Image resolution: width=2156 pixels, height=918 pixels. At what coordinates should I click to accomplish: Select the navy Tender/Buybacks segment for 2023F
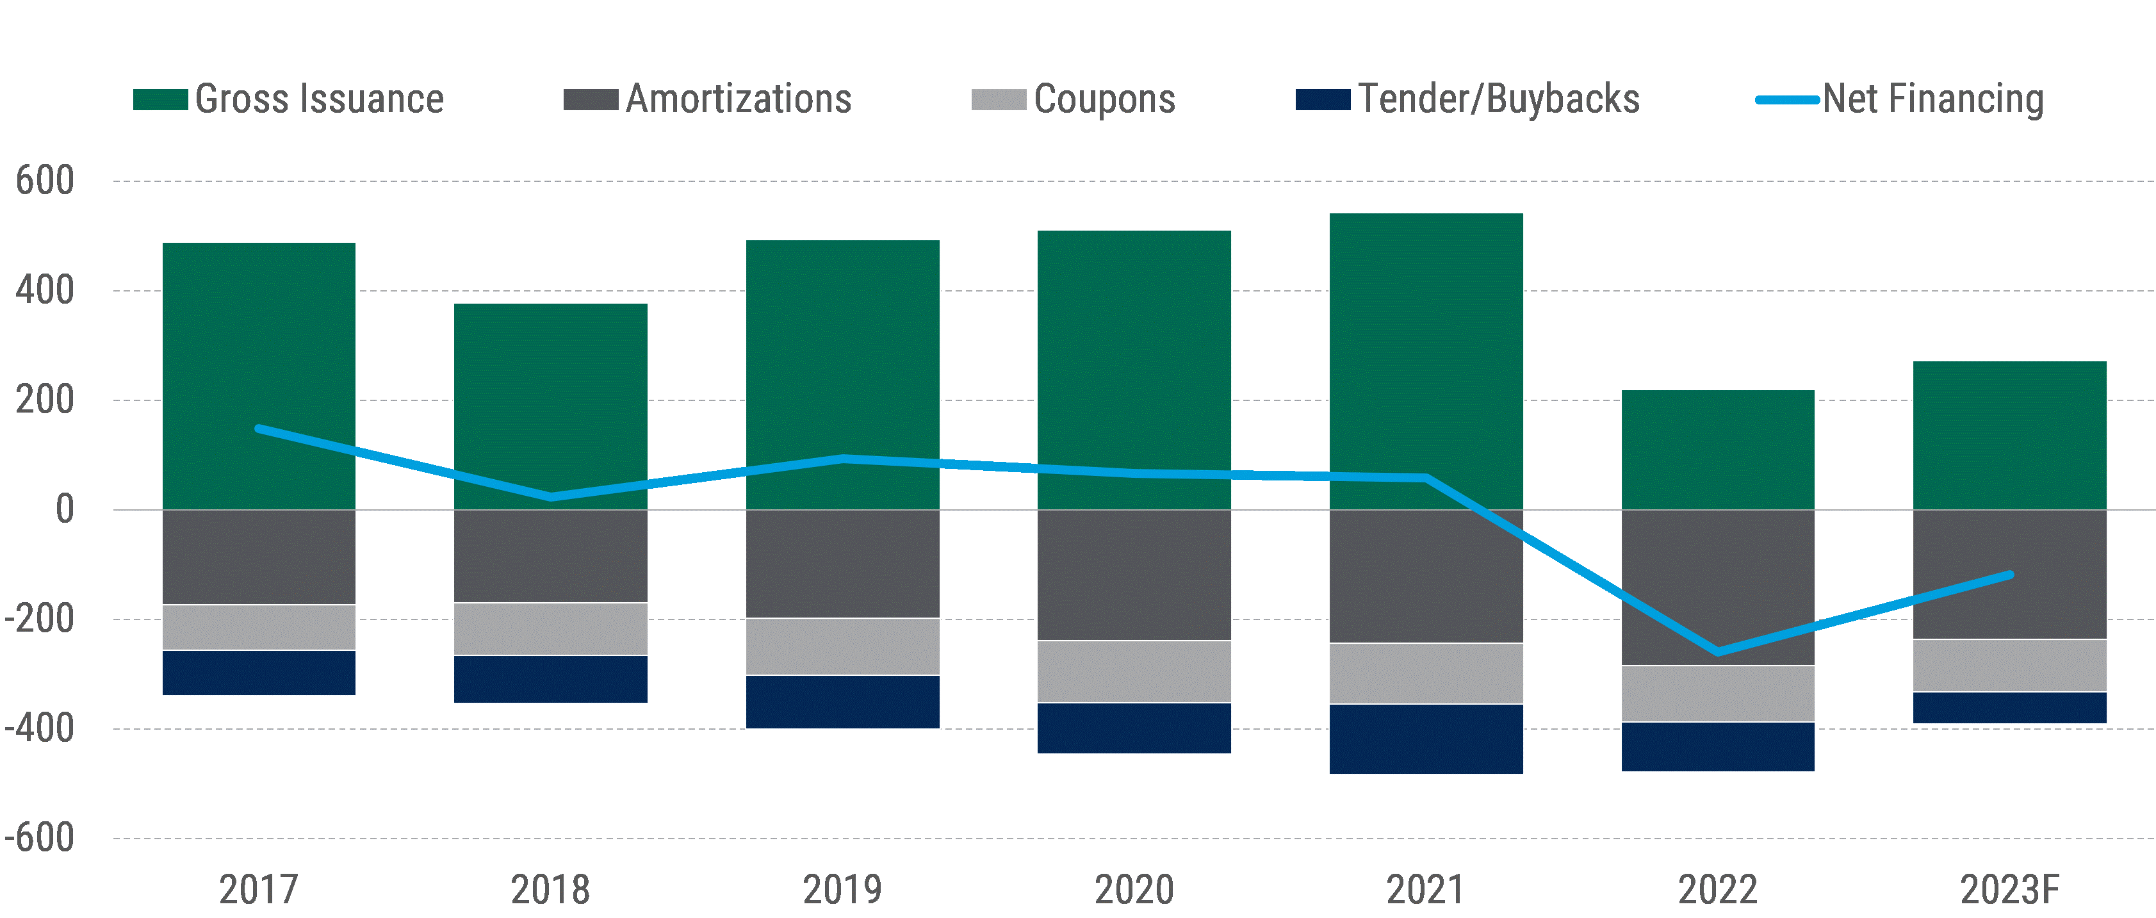pos(2009,708)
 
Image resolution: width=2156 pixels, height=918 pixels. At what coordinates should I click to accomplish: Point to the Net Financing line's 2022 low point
pos(1717,652)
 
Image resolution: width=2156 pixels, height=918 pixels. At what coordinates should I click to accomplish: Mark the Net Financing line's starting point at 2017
pos(259,429)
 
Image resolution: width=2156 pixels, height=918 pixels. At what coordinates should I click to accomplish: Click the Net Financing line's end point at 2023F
pos(2009,575)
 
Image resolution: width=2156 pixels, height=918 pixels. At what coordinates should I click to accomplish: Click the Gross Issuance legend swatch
pos(160,99)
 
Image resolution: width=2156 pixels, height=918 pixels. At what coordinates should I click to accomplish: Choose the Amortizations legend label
pos(738,99)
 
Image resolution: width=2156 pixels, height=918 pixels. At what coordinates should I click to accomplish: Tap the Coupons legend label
pos(1104,99)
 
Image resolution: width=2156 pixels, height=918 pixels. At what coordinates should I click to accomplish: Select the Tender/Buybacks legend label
pos(1498,99)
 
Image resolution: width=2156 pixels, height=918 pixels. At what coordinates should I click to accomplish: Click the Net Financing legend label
pos(1932,99)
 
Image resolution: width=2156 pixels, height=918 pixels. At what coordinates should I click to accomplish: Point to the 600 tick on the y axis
pos(45,181)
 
